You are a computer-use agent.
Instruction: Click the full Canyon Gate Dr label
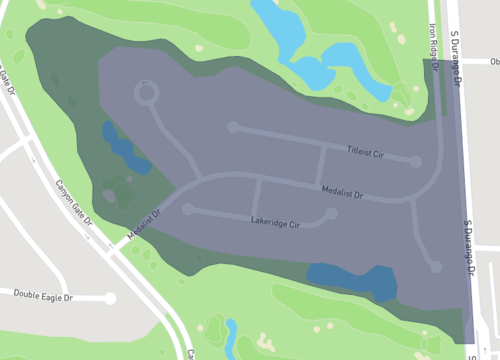[72, 200]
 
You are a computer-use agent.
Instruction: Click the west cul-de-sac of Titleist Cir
[233, 127]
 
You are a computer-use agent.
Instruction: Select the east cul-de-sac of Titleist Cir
[415, 160]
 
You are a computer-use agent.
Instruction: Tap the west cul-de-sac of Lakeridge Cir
[187, 209]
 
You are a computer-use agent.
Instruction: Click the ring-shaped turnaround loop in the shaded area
[147, 94]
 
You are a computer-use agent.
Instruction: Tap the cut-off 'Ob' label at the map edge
[494, 61]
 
